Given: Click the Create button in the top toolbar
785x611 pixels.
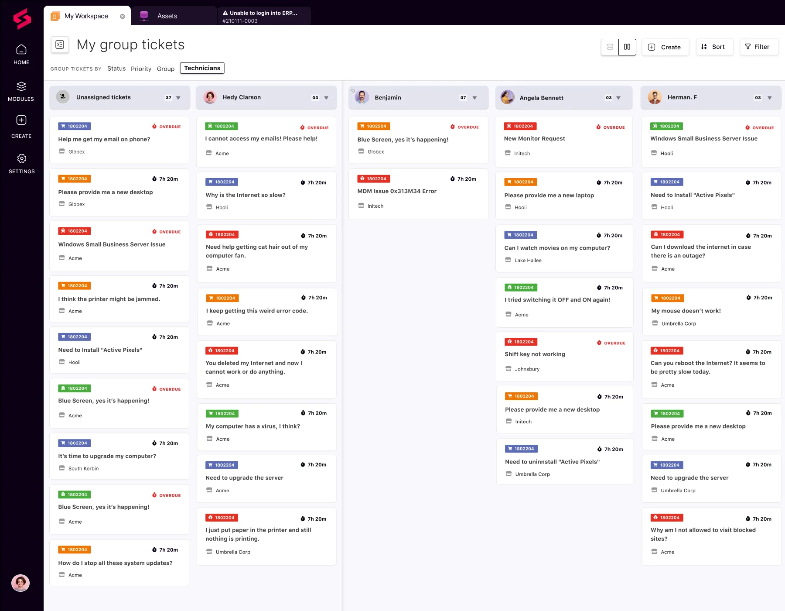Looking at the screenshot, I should click(665, 47).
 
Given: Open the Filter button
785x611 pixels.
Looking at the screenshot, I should click(758, 47).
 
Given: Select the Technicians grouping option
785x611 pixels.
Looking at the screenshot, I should click(202, 68).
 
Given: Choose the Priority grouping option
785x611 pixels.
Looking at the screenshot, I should click(141, 69).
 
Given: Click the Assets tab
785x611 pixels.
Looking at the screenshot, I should click(167, 16).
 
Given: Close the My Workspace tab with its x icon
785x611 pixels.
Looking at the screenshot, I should click(123, 17).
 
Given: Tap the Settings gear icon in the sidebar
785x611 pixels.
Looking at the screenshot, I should click(21, 158).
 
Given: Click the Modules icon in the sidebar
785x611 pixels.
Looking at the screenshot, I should click(21, 86).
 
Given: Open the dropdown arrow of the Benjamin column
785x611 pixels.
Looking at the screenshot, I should click(474, 98).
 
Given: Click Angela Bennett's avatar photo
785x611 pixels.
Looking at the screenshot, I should click(507, 97).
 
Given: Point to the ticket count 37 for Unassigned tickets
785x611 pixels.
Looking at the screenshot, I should click(168, 98).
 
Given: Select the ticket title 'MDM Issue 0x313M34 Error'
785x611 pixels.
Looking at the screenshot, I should click(397, 191).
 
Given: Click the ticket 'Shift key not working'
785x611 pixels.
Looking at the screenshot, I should click(535, 354).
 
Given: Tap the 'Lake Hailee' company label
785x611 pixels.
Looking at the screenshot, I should click(528, 261).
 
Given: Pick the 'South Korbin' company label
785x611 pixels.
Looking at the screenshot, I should click(83, 469).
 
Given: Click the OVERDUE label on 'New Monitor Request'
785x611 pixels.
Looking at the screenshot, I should click(614, 127).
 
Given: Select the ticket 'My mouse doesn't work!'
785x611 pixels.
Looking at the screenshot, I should click(686, 311).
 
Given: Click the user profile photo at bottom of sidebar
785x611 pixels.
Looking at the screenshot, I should click(20, 583).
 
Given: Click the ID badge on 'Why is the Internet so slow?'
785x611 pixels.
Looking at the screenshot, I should click(222, 182).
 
